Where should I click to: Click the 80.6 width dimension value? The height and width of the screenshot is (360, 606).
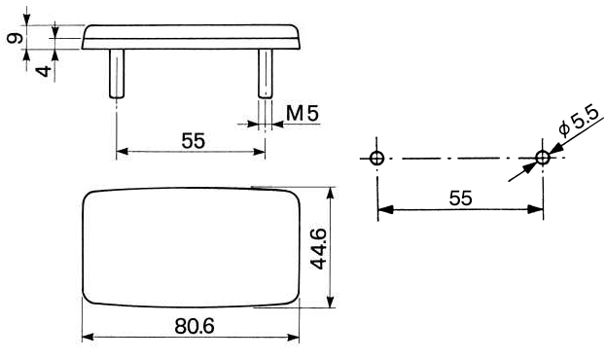click(194, 326)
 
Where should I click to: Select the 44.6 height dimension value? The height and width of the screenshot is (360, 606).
click(319, 248)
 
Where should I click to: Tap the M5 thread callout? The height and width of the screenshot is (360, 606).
click(303, 113)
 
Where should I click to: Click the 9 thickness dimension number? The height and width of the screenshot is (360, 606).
click(16, 38)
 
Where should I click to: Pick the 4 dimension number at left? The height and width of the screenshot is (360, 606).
click(44, 71)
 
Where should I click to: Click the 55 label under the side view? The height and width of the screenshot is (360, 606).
click(194, 141)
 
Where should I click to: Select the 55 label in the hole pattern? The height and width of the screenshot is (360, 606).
click(461, 198)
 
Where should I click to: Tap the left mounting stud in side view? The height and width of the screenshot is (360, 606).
click(117, 74)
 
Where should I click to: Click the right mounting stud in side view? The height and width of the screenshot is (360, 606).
click(266, 74)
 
